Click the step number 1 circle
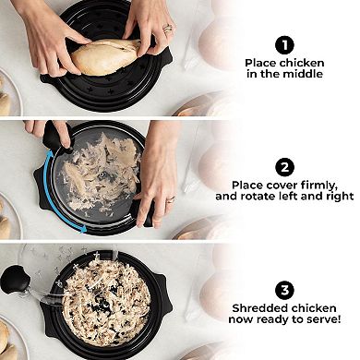coord(284,43)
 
